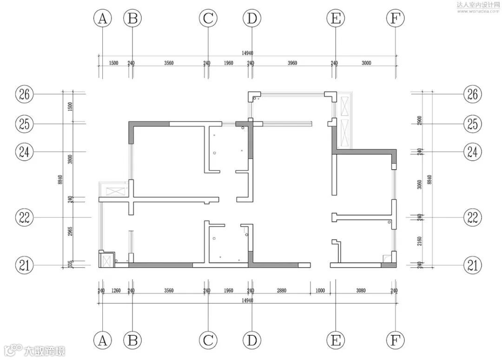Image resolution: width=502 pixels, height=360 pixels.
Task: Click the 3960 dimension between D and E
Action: coord(292,63)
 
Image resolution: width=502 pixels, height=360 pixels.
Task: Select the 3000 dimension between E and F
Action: coord(366,63)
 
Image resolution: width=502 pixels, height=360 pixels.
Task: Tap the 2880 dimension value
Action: coord(281,291)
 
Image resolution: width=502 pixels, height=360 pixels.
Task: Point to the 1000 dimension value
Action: coord(320,291)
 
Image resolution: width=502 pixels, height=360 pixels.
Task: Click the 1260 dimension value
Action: coord(116,291)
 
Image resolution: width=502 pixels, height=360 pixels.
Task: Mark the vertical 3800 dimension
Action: coord(70,160)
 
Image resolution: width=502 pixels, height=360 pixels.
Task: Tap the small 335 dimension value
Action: coord(70,265)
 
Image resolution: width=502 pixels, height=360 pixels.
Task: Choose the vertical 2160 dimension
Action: coord(420,242)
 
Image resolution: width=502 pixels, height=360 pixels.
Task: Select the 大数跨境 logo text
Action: coord(45,350)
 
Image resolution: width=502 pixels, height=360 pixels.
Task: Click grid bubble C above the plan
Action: coord(208,19)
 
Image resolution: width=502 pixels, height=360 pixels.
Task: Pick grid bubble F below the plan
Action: coord(395,340)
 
